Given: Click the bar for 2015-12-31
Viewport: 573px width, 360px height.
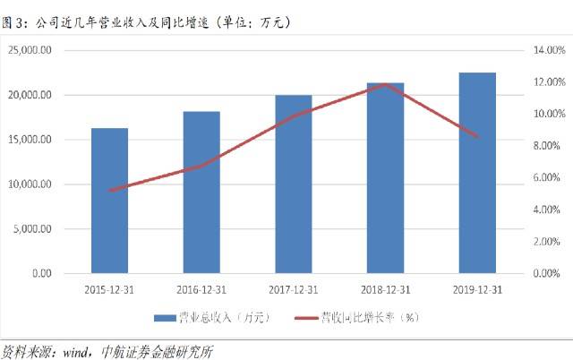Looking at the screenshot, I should [110, 201].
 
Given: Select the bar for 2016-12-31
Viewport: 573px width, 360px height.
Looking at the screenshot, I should [201, 193].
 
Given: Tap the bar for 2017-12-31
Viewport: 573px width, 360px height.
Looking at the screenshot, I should [293, 184].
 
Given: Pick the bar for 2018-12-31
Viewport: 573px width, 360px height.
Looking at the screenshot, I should [385, 178].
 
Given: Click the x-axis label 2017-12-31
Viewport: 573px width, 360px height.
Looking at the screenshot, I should [294, 289].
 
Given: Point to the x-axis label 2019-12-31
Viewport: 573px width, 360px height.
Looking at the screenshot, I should [477, 289].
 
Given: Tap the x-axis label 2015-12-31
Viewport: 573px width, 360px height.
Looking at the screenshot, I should [110, 289].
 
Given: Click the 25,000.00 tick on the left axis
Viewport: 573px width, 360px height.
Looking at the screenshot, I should [55, 51].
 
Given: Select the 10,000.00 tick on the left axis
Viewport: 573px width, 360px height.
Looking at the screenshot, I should [55, 184].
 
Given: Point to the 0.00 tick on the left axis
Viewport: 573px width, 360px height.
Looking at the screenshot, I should [65, 273].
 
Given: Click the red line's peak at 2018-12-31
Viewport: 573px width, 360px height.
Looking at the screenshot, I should [385, 84].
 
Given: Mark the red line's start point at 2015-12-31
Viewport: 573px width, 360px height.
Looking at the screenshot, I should [110, 190].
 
